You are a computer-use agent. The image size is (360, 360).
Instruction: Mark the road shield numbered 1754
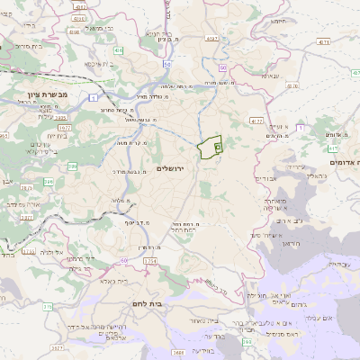point(149,261)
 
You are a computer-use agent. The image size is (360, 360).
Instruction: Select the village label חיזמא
point(278,20)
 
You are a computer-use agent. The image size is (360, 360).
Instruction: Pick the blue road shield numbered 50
point(167,64)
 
